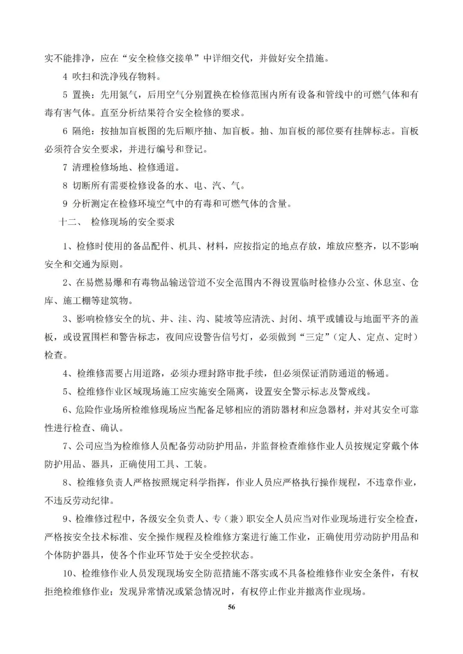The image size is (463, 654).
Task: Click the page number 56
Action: [x=231, y=607]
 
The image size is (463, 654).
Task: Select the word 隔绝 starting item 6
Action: [x=81, y=131]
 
